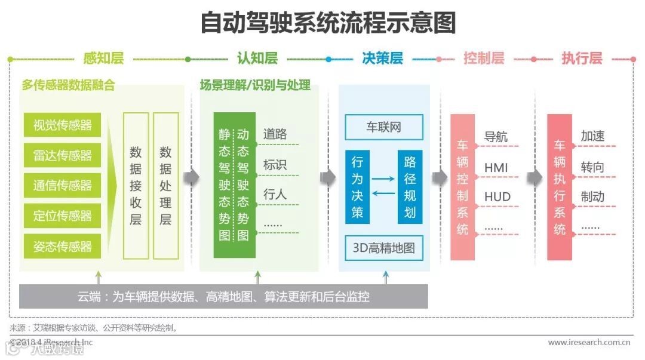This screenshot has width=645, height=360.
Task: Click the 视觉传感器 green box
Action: coord(62,125)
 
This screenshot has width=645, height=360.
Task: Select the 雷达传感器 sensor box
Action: coord(62,156)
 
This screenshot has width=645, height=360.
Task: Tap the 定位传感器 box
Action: coord(62,216)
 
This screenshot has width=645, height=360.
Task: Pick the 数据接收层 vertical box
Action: coord(136,186)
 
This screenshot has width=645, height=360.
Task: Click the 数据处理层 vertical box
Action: coord(165,186)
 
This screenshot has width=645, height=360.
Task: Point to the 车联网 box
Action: coord(383,128)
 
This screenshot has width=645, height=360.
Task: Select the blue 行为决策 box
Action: coord(357,187)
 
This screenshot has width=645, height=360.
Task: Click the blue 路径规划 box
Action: coord(410,187)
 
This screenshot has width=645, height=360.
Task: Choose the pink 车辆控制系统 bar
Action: coord(462,187)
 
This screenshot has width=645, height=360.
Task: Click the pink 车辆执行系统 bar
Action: coord(559,187)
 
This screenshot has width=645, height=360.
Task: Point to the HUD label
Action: coord(497,197)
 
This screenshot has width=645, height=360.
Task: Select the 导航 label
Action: coord(496,137)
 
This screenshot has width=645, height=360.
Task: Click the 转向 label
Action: coord(592,167)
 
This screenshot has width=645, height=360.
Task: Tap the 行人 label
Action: coord(275,194)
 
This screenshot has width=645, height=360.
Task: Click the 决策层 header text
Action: coord(382,59)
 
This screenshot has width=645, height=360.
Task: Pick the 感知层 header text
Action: coord(103,59)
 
